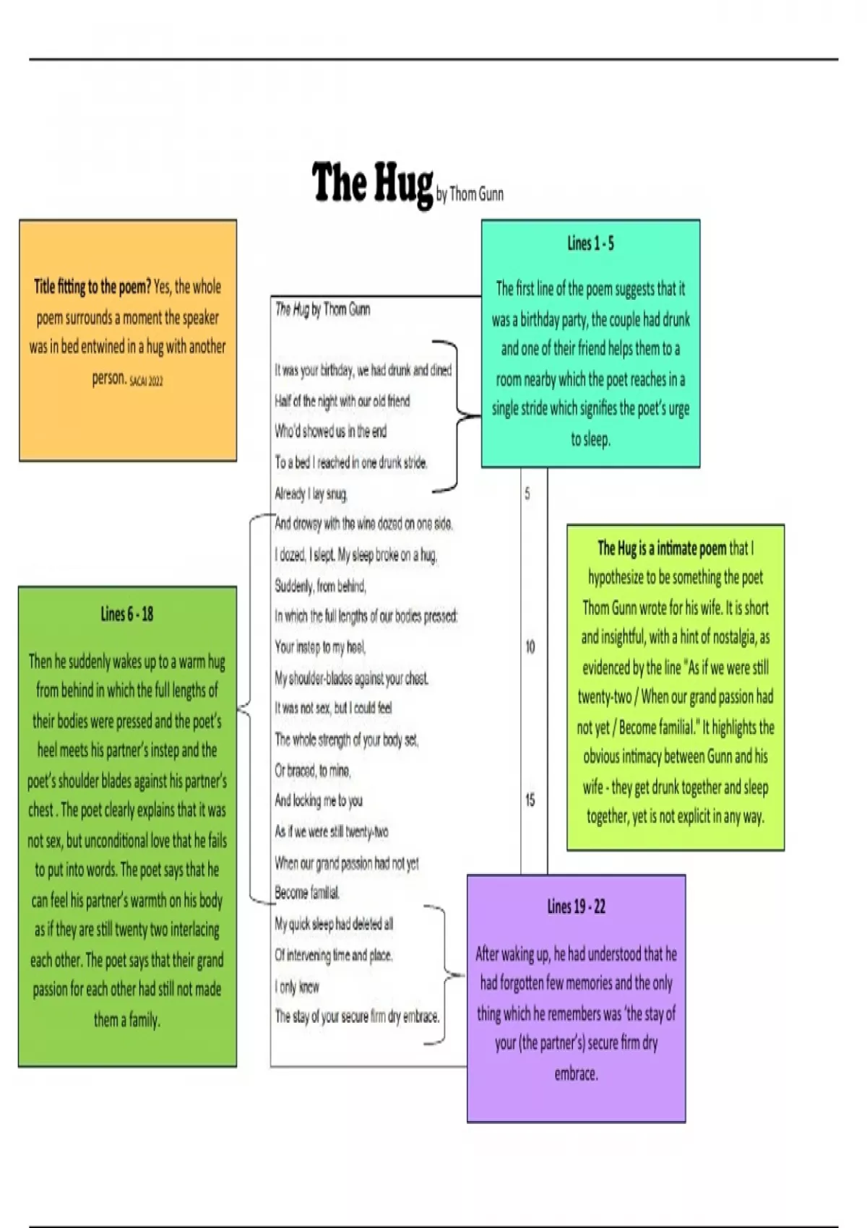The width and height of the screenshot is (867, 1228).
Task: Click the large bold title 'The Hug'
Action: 372,183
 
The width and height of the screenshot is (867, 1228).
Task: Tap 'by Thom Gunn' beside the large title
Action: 470,194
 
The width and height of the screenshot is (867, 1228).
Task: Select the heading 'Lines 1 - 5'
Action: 590,243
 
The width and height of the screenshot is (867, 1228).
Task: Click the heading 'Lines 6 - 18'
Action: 126,614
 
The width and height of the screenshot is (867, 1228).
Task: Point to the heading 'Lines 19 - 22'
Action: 576,907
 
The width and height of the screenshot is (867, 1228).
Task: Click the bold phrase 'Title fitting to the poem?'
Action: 92,287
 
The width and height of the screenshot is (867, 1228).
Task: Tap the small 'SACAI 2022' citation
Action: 146,381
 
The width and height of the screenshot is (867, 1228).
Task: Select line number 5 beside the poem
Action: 527,493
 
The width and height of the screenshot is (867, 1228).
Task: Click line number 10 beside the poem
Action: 530,647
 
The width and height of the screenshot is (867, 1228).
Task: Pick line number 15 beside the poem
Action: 530,800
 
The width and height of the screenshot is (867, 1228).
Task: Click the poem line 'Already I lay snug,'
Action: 311,494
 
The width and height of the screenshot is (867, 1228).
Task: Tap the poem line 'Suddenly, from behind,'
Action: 320,587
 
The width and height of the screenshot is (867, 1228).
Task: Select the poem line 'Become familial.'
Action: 307,893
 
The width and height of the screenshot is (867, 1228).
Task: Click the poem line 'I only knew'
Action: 297,987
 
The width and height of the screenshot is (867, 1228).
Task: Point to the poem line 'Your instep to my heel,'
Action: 320,647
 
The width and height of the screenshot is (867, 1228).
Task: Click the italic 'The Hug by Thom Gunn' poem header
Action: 322,309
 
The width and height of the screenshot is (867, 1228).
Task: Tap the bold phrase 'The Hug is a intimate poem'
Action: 661,548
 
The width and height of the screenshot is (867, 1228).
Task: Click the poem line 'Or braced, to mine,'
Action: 313,771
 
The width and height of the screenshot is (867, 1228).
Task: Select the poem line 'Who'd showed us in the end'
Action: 331,431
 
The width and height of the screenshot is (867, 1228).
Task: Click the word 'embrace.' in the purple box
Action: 576,1073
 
